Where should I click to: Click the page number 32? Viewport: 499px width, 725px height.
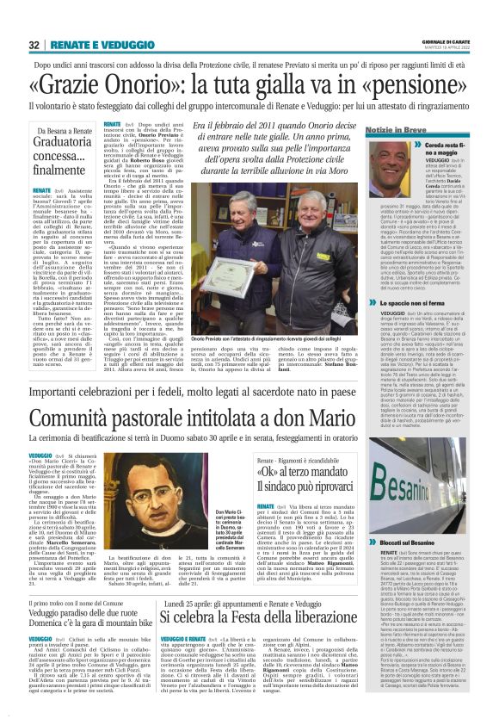point(34,44)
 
